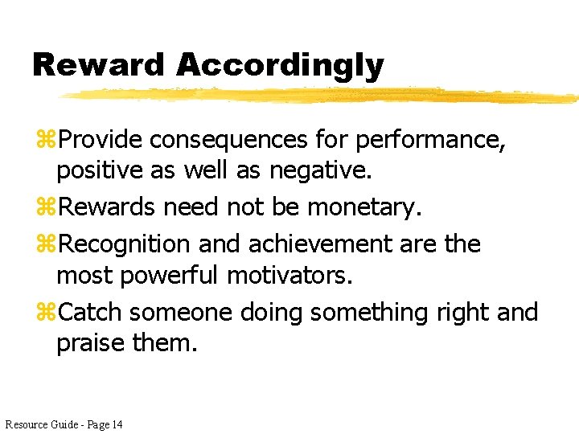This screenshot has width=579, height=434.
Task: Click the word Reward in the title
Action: [98, 64]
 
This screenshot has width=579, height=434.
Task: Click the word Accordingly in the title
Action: [280, 66]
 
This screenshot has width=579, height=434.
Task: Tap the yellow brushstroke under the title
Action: [322, 95]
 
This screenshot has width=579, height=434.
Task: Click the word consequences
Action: [228, 140]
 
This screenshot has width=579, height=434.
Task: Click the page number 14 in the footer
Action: [117, 424]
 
